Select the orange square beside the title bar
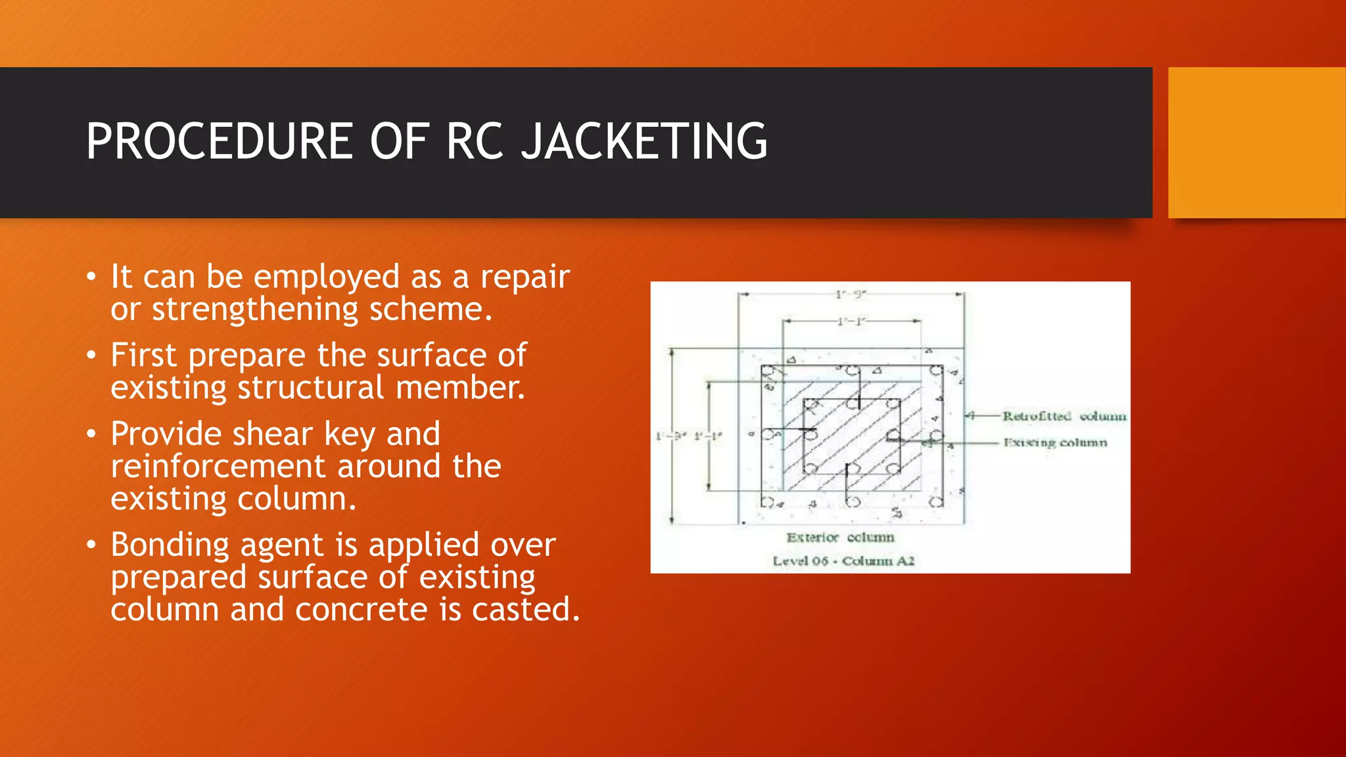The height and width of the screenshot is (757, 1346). click(x=1256, y=142)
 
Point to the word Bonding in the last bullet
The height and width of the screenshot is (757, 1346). click(x=170, y=545)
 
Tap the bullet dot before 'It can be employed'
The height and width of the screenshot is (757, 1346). click(x=91, y=277)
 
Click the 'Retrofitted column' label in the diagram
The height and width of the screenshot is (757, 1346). click(x=1063, y=416)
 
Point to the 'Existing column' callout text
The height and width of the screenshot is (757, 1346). click(x=1055, y=443)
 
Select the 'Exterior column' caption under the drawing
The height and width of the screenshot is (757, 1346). click(x=840, y=538)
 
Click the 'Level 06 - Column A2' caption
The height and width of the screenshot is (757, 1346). click(x=843, y=561)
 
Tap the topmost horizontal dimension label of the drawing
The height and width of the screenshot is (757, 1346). click(x=850, y=294)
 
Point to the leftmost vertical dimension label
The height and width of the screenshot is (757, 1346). click(x=670, y=436)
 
